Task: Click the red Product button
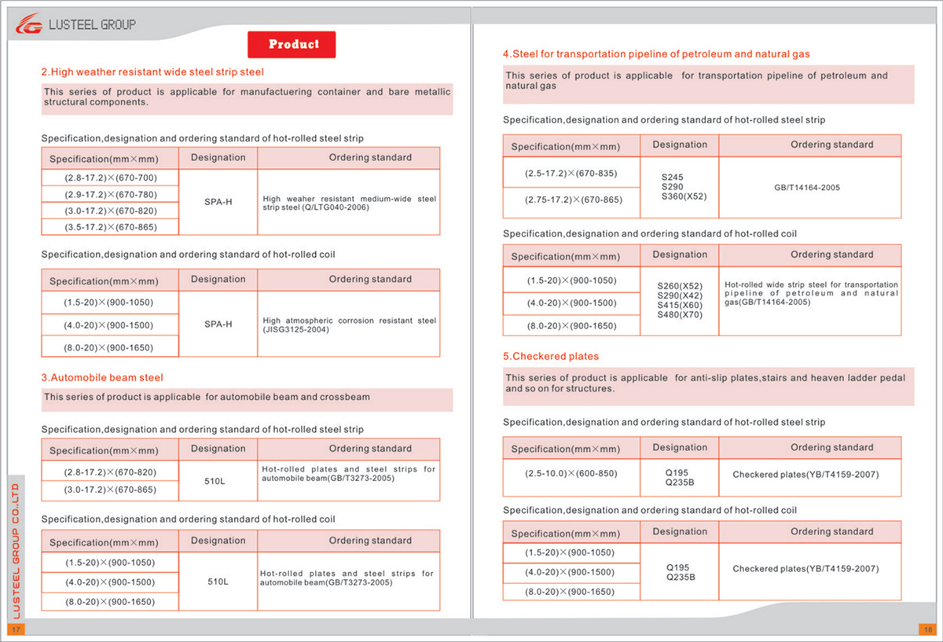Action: (x=292, y=45)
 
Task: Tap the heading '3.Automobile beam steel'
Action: (x=102, y=378)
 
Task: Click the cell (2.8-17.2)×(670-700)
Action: (x=111, y=178)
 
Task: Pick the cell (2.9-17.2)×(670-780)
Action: (x=111, y=194)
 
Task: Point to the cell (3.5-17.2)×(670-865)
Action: (x=111, y=227)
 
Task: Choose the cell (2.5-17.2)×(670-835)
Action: (x=571, y=173)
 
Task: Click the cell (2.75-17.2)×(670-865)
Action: (x=571, y=200)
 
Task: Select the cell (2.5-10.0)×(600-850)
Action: (x=571, y=474)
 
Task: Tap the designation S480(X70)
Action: (x=680, y=315)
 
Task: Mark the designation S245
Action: (x=673, y=178)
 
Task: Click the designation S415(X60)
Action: (x=680, y=305)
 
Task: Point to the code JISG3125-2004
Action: (x=296, y=330)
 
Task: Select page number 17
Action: (x=16, y=629)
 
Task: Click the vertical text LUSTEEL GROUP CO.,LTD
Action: (x=16, y=550)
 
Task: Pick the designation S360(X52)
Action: (x=684, y=196)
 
